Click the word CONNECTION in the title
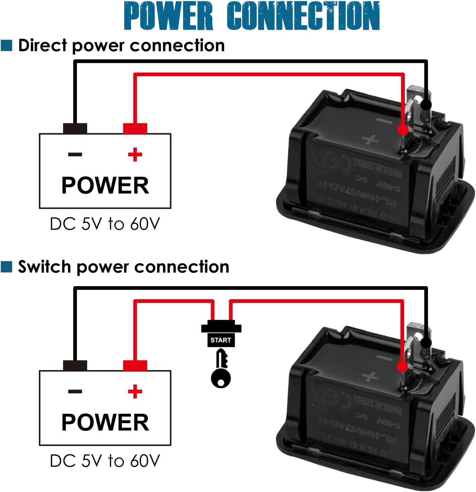pos(303,16)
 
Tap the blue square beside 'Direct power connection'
pos(6,45)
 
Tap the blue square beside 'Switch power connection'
pos(6,267)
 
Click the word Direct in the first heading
pos(42,45)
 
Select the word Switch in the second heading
pos(44,267)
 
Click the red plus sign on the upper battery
pos(135,154)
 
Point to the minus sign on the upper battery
pos(75,154)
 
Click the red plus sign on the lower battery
pos(135,391)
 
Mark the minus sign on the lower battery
pos(75,391)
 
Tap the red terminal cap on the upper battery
pos(135,129)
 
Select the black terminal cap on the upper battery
pos(75,129)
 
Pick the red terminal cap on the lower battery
pos(135,365)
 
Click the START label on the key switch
pos(221,340)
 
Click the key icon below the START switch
pos(221,369)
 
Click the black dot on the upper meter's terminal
pos(426,105)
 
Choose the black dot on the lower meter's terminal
pos(426,343)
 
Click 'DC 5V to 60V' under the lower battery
pos(105,461)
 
